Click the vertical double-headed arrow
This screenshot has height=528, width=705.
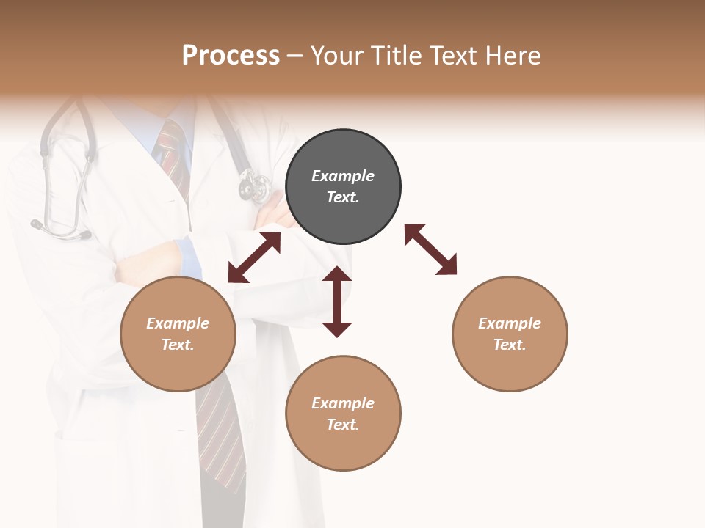pos(337,301)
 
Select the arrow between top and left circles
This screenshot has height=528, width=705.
pos(254,257)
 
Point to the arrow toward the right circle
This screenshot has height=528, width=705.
pos(431,249)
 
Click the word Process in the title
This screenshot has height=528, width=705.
pos(231,55)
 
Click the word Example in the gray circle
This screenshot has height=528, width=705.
pos(343,176)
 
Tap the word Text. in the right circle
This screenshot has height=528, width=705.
pos(510,345)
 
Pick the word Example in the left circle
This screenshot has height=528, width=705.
pos(178,323)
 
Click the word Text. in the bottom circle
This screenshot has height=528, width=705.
pos(343,425)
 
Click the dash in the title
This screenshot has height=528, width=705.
pos(294,55)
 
